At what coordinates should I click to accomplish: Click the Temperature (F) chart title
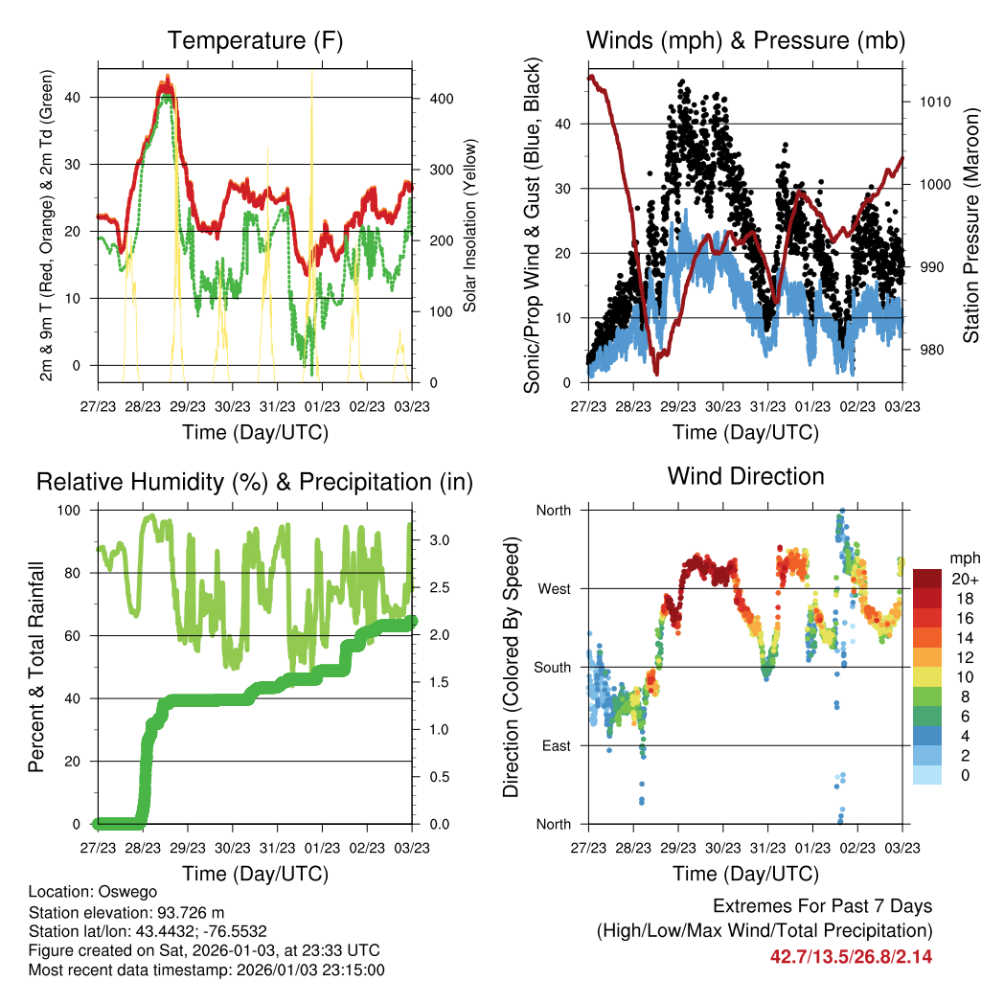tap(255, 40)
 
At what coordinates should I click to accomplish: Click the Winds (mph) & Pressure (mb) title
tap(745, 40)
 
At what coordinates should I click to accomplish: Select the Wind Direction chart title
tap(745, 476)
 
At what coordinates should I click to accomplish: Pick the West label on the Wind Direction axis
tap(554, 589)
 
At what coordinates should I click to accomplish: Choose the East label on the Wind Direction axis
tap(555, 746)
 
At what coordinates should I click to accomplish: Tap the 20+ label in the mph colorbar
tap(963, 579)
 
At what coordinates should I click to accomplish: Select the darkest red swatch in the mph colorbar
tap(927, 579)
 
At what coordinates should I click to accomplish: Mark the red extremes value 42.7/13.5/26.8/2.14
tap(851, 956)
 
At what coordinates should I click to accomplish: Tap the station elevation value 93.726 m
tap(194, 911)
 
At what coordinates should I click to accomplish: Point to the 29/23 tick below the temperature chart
tap(188, 406)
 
